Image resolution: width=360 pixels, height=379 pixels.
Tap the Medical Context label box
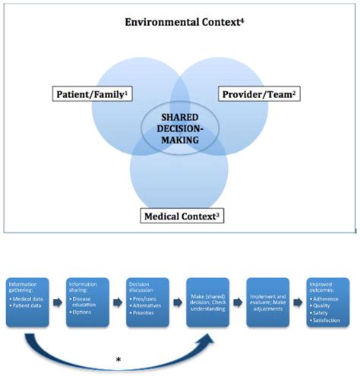(184, 216)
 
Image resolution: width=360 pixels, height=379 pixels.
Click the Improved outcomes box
(328, 303)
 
